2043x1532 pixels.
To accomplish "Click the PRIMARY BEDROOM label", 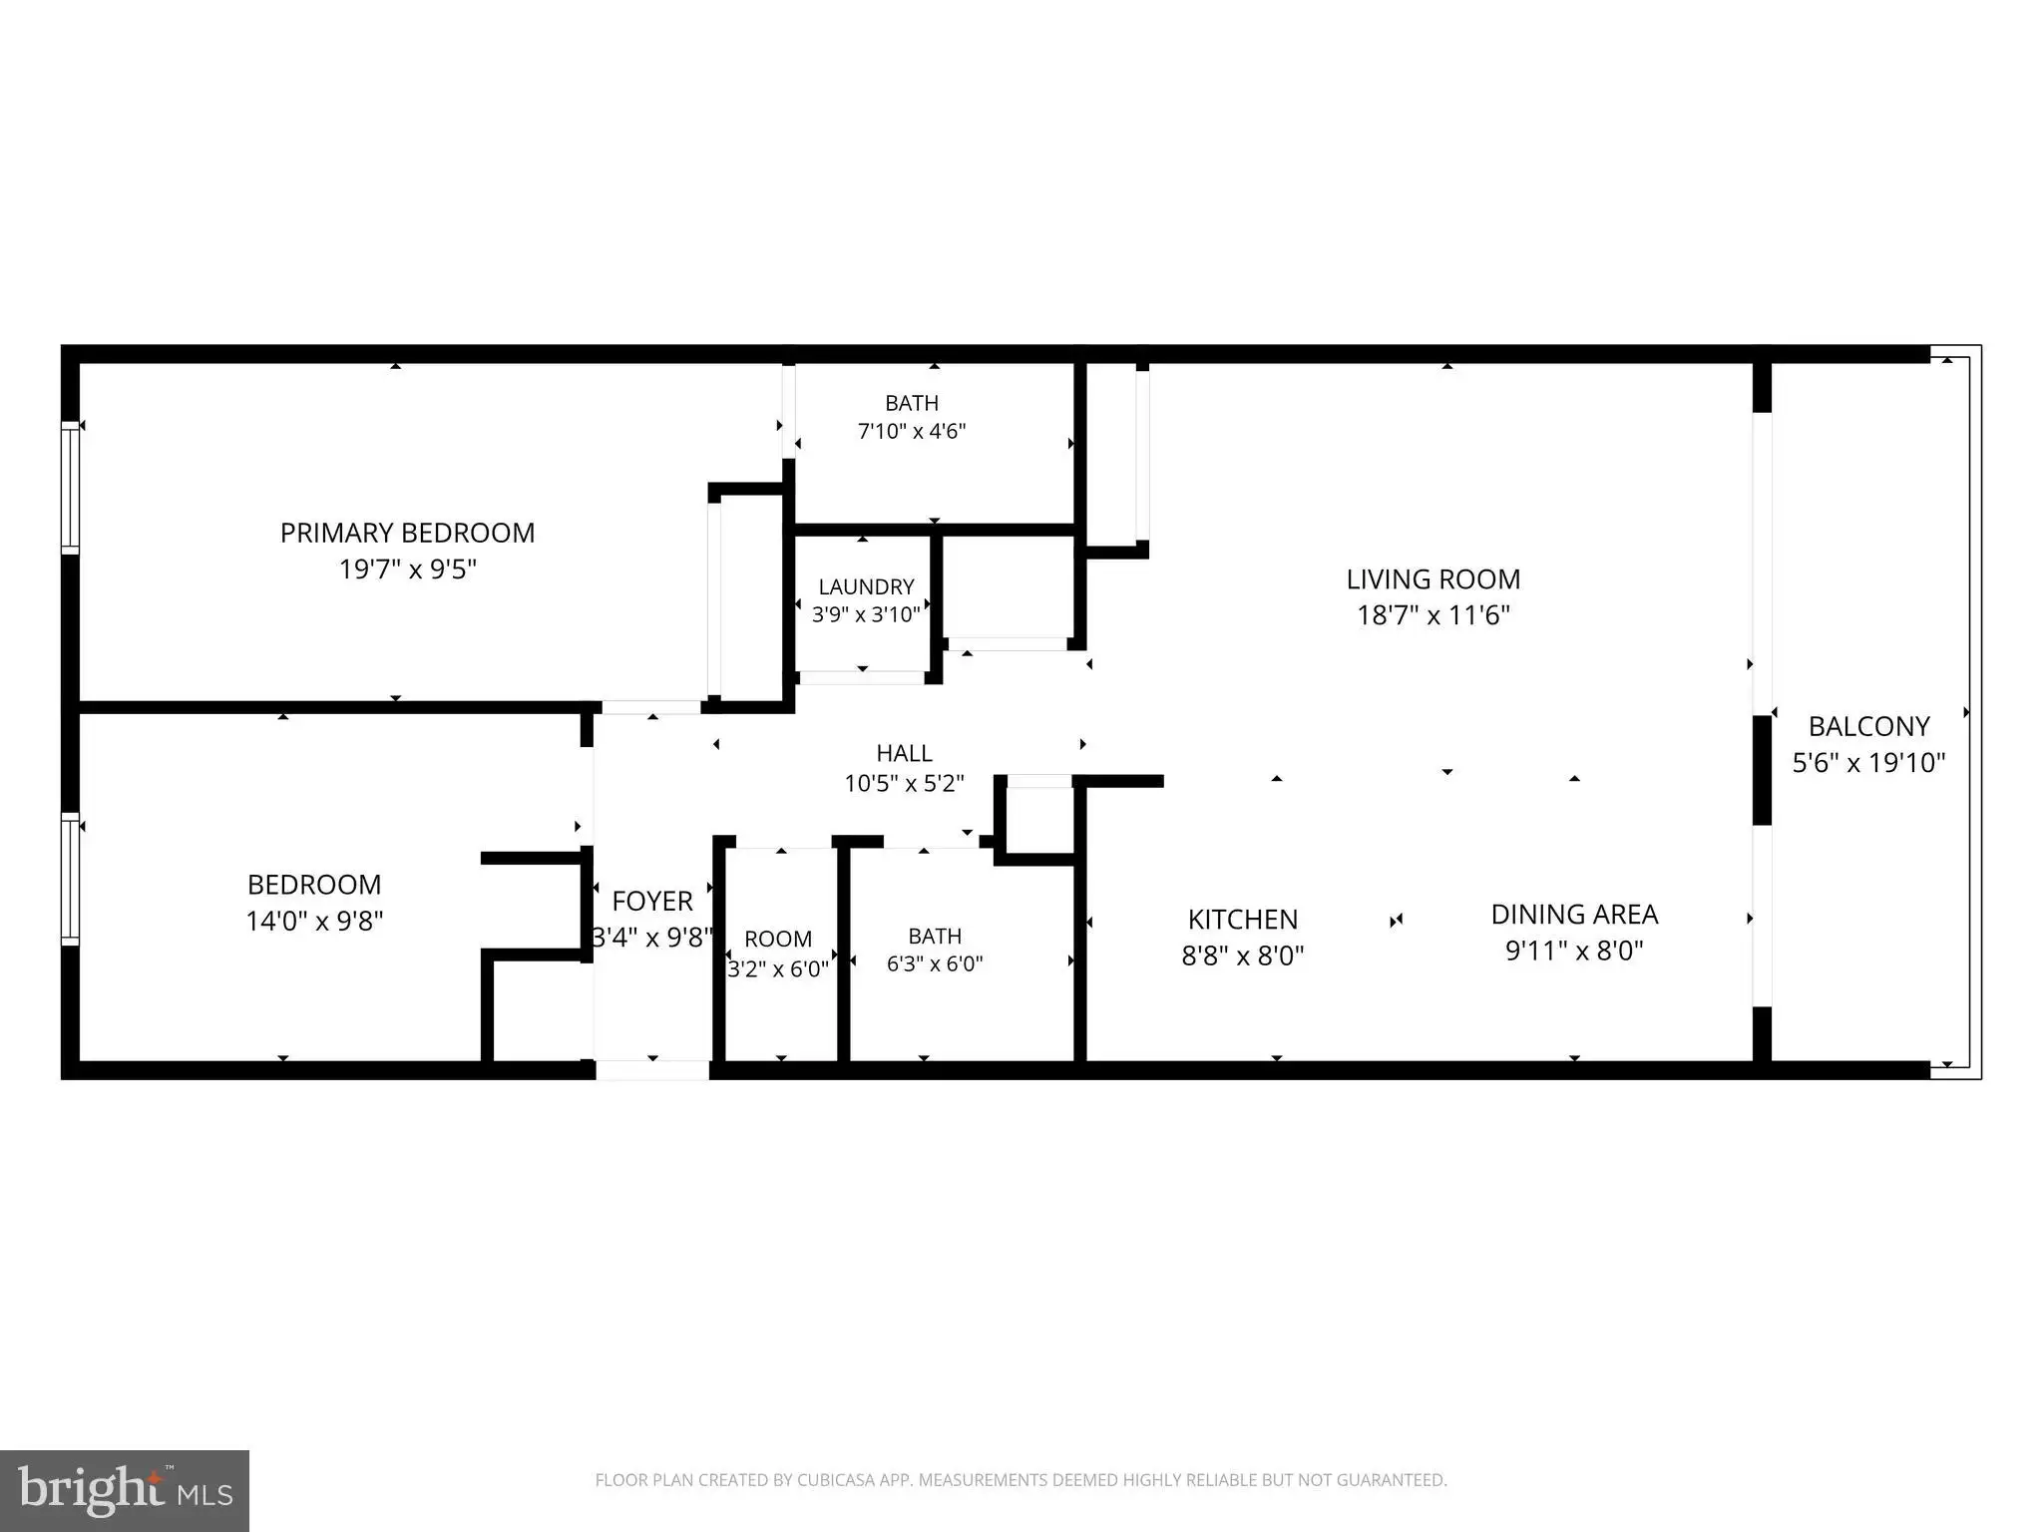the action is [x=407, y=533].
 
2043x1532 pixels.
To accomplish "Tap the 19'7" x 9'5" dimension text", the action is [x=408, y=570].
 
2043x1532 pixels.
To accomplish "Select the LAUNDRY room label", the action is [x=866, y=586].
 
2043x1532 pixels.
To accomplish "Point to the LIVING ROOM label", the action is [x=1433, y=578].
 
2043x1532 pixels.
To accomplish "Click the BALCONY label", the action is [x=1868, y=726].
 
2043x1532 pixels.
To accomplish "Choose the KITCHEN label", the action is [x=1243, y=919].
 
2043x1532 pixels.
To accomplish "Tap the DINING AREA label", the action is [x=1574, y=914].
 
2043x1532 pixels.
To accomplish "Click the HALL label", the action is [x=904, y=753].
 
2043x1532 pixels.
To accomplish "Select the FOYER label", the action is [x=652, y=901].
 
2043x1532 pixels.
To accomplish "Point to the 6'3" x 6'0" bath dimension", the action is [x=935, y=963].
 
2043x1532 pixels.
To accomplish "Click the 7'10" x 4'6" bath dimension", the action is [x=912, y=431].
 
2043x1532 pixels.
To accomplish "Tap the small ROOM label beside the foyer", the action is [x=778, y=939].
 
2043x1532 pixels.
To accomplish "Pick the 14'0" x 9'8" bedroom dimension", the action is [x=314, y=921].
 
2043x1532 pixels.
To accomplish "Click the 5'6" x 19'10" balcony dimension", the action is [x=1868, y=763].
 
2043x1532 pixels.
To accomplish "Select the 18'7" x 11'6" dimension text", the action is [x=1433, y=615].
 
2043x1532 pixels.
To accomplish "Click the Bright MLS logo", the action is [x=125, y=1490].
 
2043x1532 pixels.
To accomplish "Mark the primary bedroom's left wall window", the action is [x=70, y=487].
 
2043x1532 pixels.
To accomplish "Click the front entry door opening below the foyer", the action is [x=652, y=1070].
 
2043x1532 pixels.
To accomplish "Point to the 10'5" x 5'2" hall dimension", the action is [x=904, y=784].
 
